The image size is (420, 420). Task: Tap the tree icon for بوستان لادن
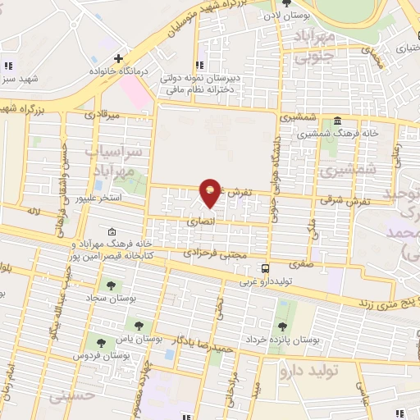286,2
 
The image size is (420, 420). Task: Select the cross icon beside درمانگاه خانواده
119,58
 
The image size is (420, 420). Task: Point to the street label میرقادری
106,115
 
